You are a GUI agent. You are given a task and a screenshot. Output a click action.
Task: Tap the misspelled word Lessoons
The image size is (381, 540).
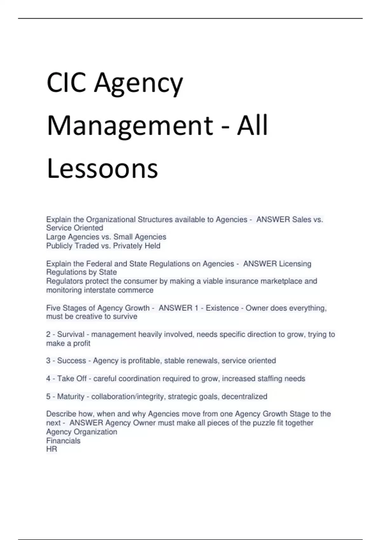pyautogui.click(x=102, y=168)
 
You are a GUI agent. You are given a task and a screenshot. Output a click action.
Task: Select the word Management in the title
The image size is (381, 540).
pyautogui.click(x=130, y=125)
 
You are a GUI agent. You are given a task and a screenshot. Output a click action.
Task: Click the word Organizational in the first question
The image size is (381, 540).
pyautogui.click(x=111, y=219)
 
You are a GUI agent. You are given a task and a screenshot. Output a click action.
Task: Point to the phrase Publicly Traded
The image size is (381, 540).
pyautogui.click(x=72, y=246)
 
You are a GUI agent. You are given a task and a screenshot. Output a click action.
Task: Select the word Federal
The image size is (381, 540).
pyautogui.click(x=98, y=264)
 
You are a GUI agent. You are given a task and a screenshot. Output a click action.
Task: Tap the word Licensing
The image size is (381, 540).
pyautogui.click(x=295, y=264)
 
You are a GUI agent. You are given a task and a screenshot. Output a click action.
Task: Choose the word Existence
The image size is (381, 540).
pyautogui.click(x=222, y=308)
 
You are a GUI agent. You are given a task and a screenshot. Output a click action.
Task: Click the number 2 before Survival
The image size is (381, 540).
pyautogui.click(x=48, y=334)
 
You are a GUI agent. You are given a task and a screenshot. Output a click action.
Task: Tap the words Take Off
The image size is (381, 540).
pyautogui.click(x=72, y=379)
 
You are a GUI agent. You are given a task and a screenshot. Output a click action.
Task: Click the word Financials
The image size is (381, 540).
pyautogui.click(x=63, y=441)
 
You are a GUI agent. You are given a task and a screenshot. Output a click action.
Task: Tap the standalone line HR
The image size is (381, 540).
pyautogui.click(x=51, y=449)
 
